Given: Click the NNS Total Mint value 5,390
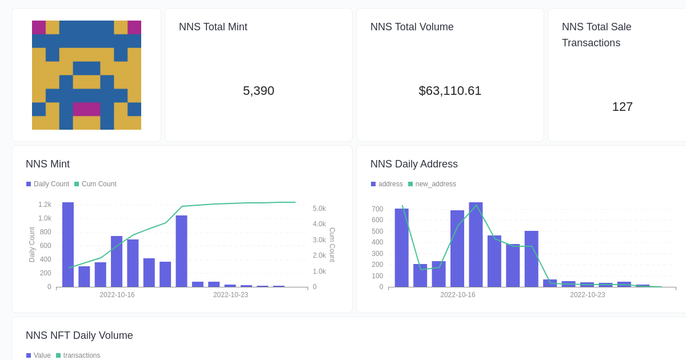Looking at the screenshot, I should [258, 91].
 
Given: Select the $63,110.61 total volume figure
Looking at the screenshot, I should [450, 91].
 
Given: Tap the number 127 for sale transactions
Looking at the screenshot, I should [622, 107].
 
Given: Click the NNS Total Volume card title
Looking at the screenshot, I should [412, 27].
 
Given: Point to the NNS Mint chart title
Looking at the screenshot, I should [47, 164].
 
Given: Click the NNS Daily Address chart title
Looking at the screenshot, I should [414, 164].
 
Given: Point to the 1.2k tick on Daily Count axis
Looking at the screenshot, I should [45, 205].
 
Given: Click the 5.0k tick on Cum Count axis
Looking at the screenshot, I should [319, 209].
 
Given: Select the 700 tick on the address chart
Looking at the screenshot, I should [377, 209].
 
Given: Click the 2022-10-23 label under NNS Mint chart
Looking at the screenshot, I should [230, 295].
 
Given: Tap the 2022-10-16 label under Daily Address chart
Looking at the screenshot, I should [457, 295].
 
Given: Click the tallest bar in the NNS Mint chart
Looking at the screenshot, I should [68, 245].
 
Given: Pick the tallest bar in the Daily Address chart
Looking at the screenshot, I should [476, 245].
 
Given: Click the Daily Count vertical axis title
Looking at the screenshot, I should [32, 245].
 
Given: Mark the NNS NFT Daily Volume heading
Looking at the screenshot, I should [79, 335].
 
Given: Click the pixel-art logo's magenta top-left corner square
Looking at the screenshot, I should [39, 27].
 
